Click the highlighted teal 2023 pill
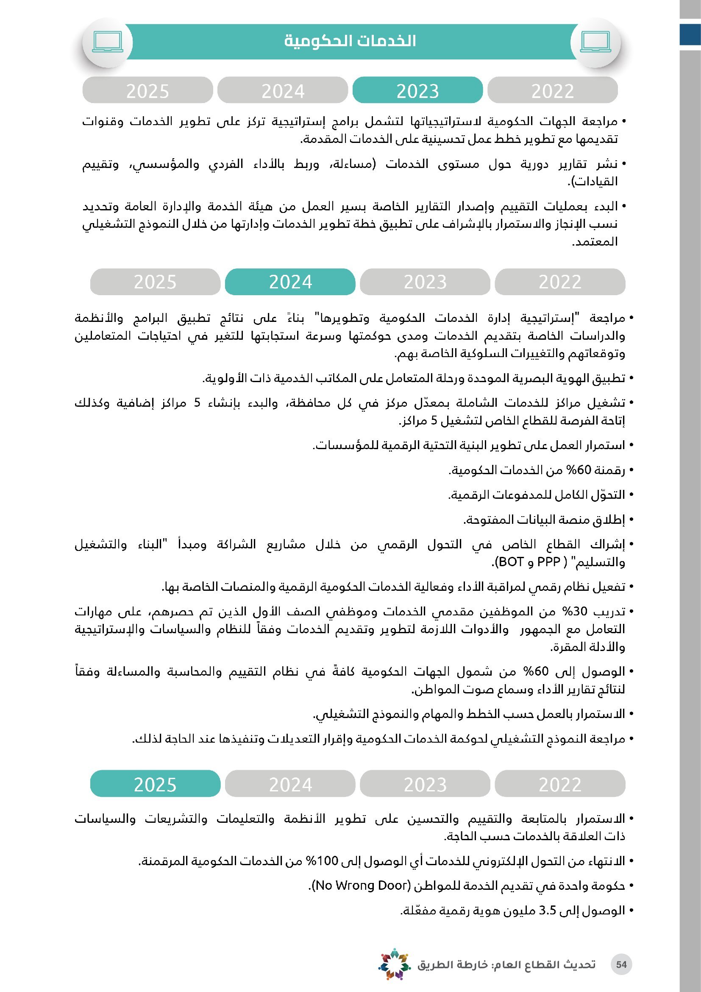pyautogui.click(x=417, y=90)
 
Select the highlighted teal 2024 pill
pyautogui.click(x=290, y=282)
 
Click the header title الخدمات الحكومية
pyautogui.click(x=350, y=41)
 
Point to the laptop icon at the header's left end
pyautogui.click(x=108, y=42)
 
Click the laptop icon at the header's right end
pyautogui.click(x=595, y=42)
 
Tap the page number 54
pyautogui.click(x=621, y=964)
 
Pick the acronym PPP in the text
pyautogui.click(x=548, y=562)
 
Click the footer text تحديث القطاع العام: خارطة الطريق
pyautogui.click(x=506, y=964)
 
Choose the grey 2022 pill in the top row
pyautogui.click(x=553, y=90)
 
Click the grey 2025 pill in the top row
pyautogui.click(x=147, y=90)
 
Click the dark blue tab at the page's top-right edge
pyautogui.click(x=690, y=34)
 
